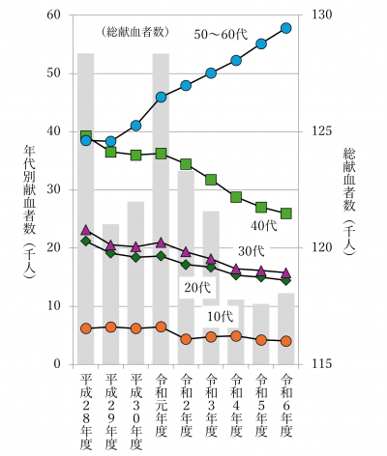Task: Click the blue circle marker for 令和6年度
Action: click(x=286, y=28)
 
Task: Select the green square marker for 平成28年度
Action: click(x=86, y=136)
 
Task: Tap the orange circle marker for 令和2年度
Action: click(x=186, y=339)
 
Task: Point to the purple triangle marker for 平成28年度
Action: click(x=86, y=230)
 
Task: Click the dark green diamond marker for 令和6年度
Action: click(x=286, y=280)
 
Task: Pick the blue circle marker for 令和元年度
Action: click(x=161, y=97)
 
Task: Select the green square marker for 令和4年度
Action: click(x=236, y=197)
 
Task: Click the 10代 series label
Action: click(x=220, y=316)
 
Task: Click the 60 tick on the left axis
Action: click(x=53, y=15)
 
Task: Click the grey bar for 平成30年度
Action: click(x=135, y=290)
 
